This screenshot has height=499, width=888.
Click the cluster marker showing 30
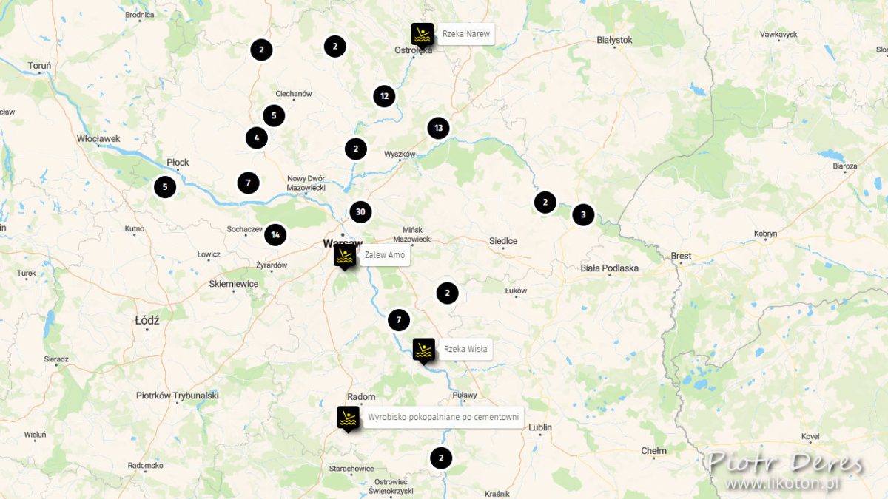pos(360,212)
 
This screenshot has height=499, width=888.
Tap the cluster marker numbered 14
pos(275,235)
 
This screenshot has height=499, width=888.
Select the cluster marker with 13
pos(438,128)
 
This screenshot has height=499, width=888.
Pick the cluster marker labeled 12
pos(384,95)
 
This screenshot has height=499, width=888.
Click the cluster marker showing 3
pos(583,215)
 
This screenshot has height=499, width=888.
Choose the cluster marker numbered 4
pos(257,138)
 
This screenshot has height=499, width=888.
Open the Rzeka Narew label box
pos(465,34)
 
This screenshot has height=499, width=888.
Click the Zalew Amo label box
pos(384,255)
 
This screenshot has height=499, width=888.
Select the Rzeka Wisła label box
pos(465,350)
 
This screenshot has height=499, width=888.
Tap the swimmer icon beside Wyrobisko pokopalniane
pos(348,418)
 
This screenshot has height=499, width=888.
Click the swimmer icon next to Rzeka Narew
pos(423,34)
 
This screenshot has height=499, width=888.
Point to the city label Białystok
pos(614,40)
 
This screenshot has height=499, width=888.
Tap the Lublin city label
pos(540,427)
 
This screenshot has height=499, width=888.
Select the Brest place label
pos(681,256)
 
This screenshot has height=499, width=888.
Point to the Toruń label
pos(39,66)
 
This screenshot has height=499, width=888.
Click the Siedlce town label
pos(503,241)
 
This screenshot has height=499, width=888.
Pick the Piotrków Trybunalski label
pos(178,396)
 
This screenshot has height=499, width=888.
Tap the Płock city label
pos(178,162)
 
